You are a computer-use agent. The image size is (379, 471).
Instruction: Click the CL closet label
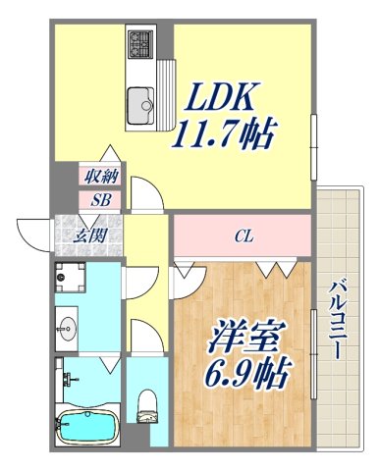click(x=243, y=235)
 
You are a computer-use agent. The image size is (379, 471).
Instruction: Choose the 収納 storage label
click(x=101, y=177)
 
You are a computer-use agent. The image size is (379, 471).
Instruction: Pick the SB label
click(x=101, y=199)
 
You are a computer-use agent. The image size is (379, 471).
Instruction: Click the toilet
click(x=148, y=403)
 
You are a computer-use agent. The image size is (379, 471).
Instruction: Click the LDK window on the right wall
click(x=314, y=132)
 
